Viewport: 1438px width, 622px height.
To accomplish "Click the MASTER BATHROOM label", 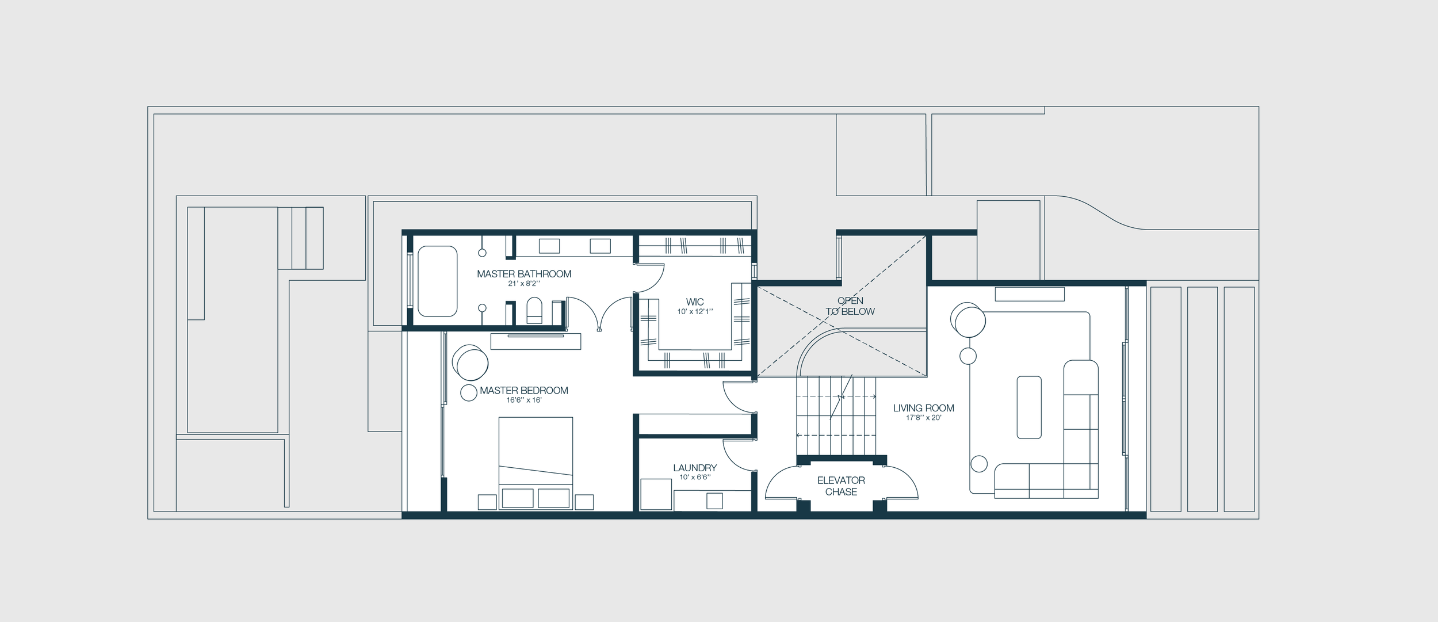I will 523,274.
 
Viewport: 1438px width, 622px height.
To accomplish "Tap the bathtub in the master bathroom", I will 437,281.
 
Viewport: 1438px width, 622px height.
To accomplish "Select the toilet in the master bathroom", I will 534,311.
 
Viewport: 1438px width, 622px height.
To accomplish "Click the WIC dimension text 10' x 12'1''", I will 694,312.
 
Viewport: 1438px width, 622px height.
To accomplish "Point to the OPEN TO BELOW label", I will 850,306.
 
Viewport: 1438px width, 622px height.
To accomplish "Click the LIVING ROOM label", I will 923,408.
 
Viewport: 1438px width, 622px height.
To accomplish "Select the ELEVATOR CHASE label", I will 841,486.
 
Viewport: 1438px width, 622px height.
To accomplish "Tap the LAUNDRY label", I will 694,468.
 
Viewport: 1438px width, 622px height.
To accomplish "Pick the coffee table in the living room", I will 1029,407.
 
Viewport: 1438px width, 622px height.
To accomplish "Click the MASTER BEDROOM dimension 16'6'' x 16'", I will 523,400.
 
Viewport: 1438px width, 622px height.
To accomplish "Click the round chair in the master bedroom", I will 471,363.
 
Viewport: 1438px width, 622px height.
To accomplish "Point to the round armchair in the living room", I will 968,320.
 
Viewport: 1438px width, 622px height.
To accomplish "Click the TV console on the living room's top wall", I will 1030,294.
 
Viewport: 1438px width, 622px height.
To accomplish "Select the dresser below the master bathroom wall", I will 536,341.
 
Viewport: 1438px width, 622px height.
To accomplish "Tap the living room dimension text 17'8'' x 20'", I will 923,418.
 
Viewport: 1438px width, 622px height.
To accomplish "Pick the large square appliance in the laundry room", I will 656,494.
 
